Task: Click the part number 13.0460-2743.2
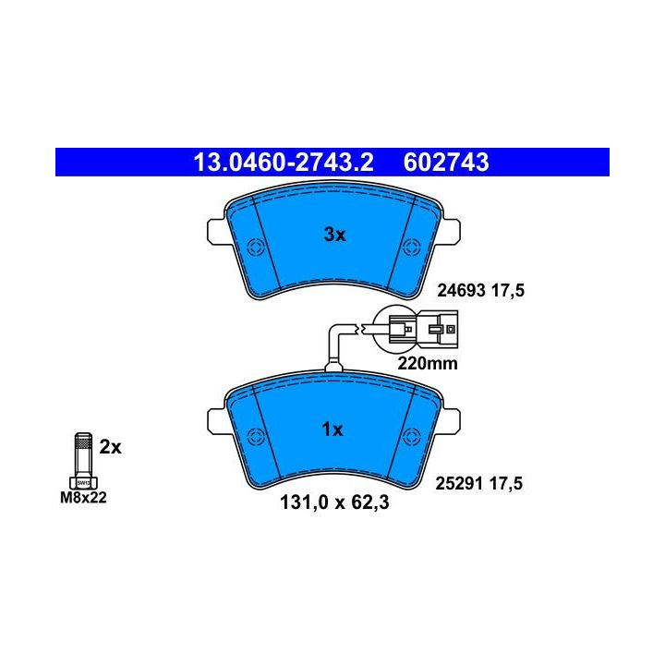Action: coord(284,163)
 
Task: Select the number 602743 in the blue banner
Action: coord(446,163)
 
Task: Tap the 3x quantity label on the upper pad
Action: coord(335,234)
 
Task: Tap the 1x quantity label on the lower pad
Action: coord(332,429)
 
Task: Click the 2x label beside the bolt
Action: coord(110,447)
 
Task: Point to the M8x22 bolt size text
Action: coord(83,498)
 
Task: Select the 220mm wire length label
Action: coord(428,364)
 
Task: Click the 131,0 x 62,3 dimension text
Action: coord(334,502)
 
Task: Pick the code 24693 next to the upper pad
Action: coord(461,291)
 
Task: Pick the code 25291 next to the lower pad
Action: coord(460,483)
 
